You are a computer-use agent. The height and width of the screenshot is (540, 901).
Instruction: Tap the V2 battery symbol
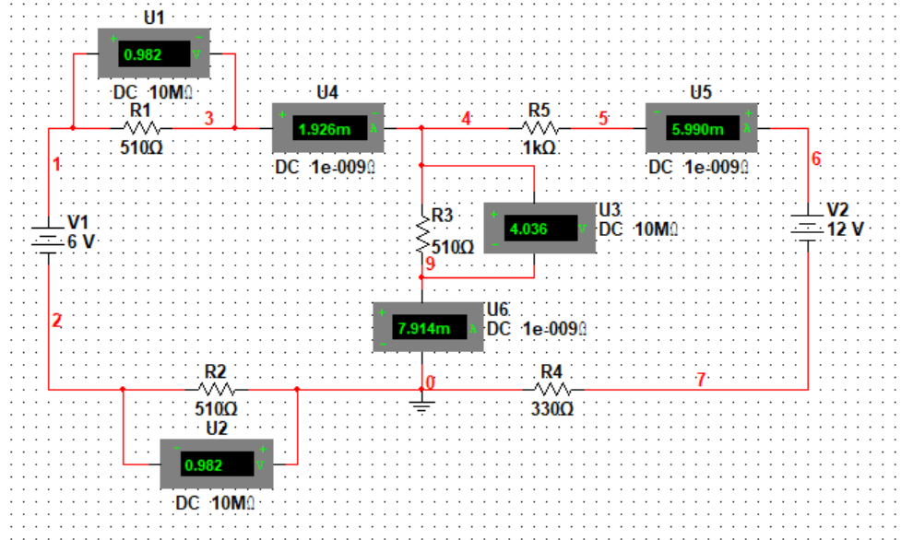[808, 228]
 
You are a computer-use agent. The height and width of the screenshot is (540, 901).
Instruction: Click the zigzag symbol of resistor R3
[421, 234]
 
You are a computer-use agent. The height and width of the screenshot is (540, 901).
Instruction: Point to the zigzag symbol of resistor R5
[540, 129]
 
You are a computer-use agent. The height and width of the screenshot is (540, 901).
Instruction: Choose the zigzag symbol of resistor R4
[551, 389]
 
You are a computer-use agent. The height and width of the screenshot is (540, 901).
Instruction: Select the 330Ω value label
[551, 407]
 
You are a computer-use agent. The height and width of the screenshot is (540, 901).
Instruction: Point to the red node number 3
[208, 117]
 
